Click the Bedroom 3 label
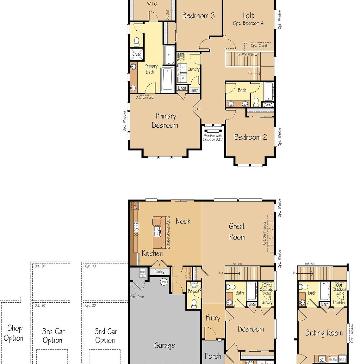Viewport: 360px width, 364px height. point(198,16)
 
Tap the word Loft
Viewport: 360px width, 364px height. point(248,15)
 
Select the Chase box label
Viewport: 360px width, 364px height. point(137,54)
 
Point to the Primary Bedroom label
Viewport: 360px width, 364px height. point(165,121)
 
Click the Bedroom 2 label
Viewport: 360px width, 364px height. point(250,137)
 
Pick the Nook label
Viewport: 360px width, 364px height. point(183,221)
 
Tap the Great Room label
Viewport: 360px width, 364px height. point(237,232)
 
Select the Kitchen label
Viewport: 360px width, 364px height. point(152,253)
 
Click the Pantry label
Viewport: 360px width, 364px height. point(159,272)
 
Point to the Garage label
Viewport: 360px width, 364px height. point(164,345)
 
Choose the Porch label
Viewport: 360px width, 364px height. point(213,356)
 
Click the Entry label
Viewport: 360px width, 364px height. point(213,318)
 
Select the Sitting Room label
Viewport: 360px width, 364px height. point(324,333)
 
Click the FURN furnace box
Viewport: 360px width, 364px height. point(143,272)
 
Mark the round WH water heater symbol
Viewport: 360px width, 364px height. point(164,282)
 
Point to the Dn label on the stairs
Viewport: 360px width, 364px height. point(250,73)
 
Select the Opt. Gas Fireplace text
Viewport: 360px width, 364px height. point(264,233)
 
